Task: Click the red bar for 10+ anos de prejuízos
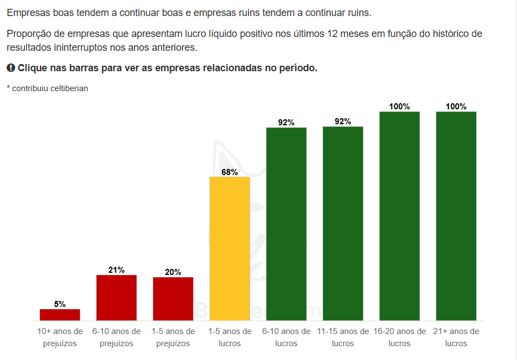60,315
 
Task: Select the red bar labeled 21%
117,298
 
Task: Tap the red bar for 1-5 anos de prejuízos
173,299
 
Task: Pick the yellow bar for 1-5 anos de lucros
230,248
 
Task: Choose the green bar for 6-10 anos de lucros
286,224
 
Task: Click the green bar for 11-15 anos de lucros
343,224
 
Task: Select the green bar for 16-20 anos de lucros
399,216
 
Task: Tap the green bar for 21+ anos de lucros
456,216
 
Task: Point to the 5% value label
60,304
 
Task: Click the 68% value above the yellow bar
230,172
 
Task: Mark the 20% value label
173,272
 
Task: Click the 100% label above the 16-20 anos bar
399,107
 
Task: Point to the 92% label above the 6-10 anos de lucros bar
286,123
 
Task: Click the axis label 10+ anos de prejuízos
60,337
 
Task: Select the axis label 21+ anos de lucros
456,337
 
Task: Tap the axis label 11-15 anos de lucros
343,337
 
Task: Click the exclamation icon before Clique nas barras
10,68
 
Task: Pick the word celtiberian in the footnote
69,88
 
